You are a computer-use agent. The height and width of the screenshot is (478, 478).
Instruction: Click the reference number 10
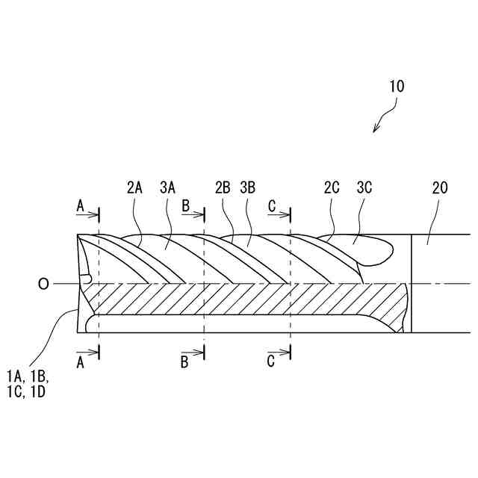(397, 86)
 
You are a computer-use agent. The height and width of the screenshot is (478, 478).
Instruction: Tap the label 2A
(134, 188)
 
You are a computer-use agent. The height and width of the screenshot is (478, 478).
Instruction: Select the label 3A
(167, 188)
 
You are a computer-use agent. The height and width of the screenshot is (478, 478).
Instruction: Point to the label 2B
(222, 188)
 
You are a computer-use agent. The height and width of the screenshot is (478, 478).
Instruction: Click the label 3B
(249, 188)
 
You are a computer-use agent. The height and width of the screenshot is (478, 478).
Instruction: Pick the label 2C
(332, 188)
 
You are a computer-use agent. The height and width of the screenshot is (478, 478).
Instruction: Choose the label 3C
(364, 188)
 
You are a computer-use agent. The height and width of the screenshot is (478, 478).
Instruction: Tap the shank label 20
(439, 188)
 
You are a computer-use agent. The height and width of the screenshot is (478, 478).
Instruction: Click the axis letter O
(43, 284)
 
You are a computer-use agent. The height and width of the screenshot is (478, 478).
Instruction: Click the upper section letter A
(81, 204)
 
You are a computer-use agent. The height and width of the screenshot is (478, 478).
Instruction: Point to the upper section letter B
(185, 204)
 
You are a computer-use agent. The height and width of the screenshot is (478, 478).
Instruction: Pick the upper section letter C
(272, 204)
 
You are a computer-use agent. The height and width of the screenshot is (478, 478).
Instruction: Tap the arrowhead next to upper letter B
(201, 215)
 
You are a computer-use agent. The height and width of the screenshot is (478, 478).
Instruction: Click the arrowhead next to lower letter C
(287, 350)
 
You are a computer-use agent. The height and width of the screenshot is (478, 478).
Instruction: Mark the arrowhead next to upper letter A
(96, 215)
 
